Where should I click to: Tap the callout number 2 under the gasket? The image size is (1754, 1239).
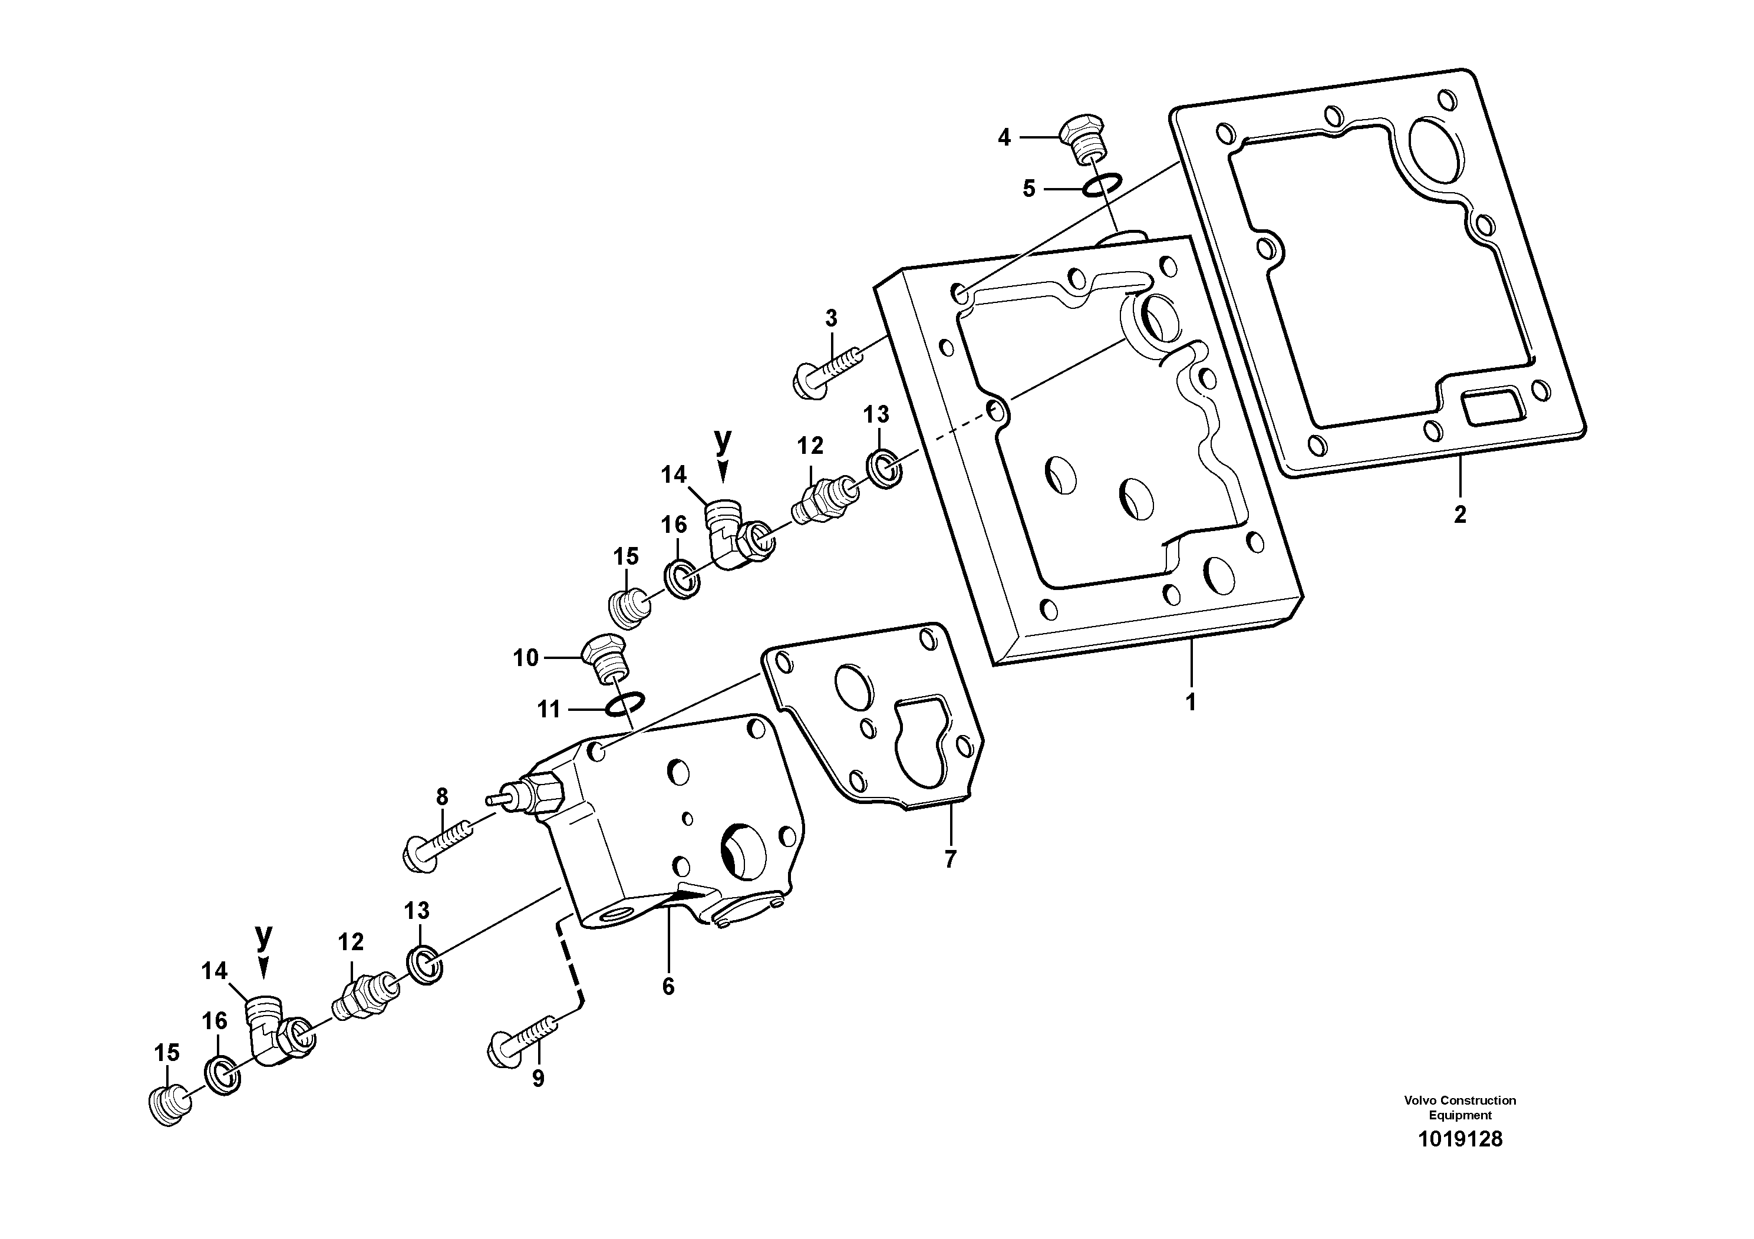(x=1460, y=515)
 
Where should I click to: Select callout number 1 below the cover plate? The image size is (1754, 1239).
(x=1190, y=702)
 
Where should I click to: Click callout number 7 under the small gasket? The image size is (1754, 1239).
(x=949, y=859)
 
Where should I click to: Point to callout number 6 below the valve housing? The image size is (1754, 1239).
(x=668, y=987)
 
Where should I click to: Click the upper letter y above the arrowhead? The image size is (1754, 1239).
(x=723, y=441)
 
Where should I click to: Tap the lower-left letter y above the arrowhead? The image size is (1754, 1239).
(x=263, y=936)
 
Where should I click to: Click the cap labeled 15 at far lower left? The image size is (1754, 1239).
(x=166, y=1105)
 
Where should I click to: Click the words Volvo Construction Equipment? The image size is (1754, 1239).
(x=1460, y=1108)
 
